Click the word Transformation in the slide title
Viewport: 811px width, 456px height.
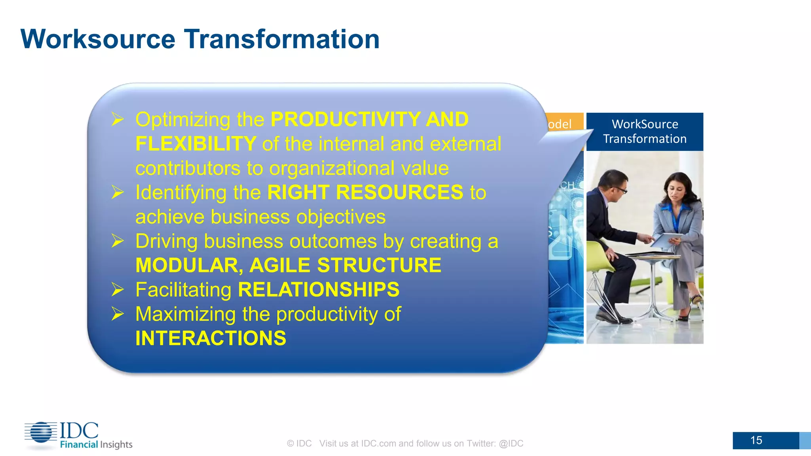(282, 39)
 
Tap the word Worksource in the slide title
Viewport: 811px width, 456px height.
(98, 39)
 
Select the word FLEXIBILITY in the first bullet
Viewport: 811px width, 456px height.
(196, 144)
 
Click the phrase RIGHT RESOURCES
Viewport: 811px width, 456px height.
(365, 192)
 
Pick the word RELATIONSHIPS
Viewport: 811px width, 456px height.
(318, 289)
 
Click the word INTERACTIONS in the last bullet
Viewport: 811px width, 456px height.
(211, 338)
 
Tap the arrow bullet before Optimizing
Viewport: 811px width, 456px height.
(118, 119)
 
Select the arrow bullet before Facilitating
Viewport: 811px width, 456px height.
(118, 289)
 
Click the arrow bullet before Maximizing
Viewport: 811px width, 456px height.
(118, 314)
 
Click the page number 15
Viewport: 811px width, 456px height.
(756, 440)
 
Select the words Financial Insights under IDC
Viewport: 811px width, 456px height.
(96, 445)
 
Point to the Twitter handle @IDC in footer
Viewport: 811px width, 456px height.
(511, 443)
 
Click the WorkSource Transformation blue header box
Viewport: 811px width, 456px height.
(644, 131)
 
